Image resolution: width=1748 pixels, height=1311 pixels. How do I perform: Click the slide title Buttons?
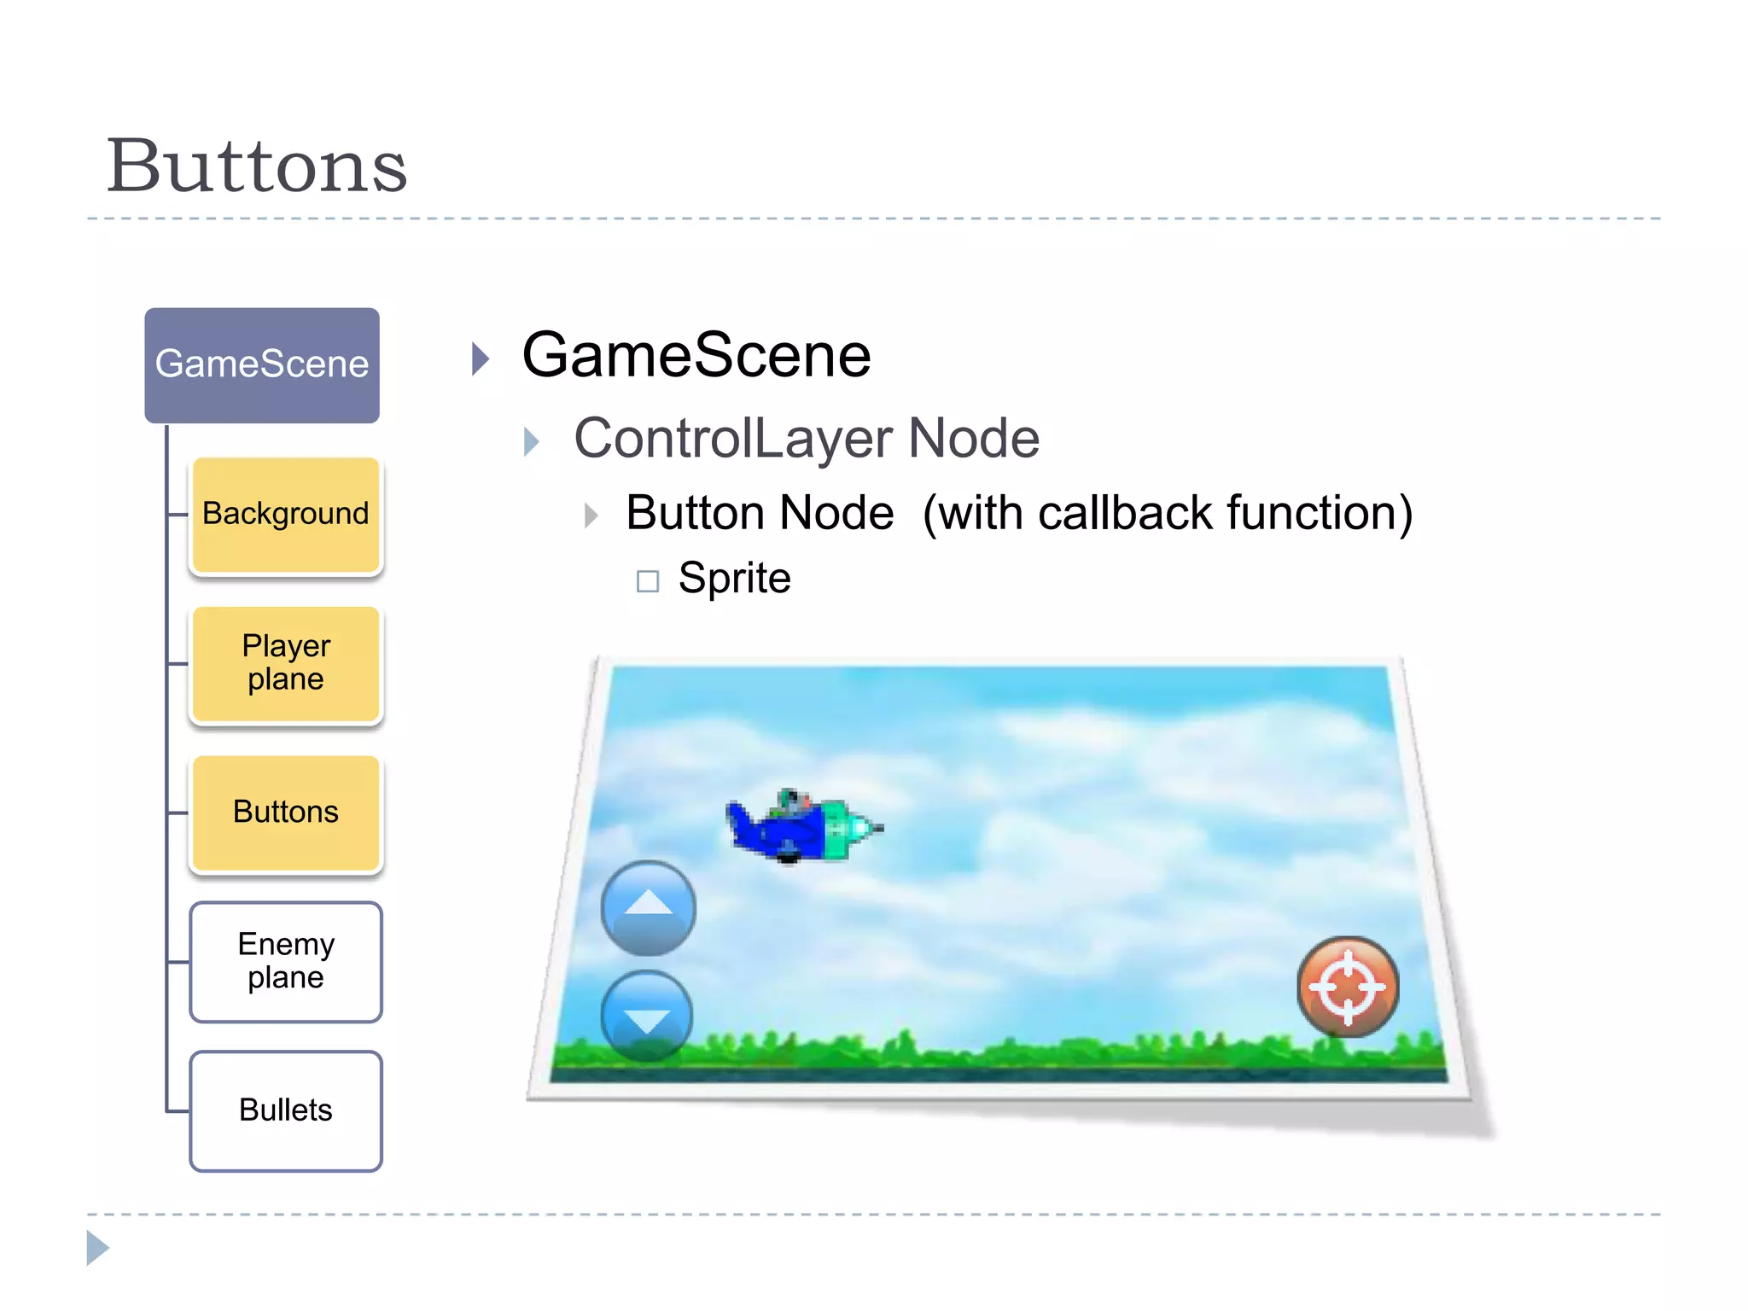(x=256, y=166)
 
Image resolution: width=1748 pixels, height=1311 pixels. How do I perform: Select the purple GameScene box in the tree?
(x=262, y=365)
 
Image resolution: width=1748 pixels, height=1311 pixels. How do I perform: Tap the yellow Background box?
(x=286, y=515)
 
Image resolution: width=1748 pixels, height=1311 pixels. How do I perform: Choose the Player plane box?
(x=286, y=663)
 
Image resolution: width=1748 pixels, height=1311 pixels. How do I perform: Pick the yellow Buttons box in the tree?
(x=286, y=813)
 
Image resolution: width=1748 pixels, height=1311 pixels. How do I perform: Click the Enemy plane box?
(x=286, y=961)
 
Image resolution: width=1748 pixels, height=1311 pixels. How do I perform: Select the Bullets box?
(x=286, y=1110)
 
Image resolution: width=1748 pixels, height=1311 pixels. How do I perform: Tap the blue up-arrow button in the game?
(x=649, y=907)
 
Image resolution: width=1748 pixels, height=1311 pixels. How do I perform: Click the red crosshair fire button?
(x=1348, y=987)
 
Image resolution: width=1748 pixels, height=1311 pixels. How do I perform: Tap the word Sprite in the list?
(x=734, y=579)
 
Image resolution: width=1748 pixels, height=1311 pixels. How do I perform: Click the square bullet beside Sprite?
(x=648, y=581)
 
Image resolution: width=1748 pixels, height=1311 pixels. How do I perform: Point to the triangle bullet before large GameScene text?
(x=481, y=358)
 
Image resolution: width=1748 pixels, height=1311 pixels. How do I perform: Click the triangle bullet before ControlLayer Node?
(x=532, y=441)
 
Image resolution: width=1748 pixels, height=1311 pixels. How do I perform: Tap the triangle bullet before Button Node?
(x=591, y=515)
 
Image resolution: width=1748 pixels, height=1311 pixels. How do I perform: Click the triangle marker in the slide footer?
(x=97, y=1248)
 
